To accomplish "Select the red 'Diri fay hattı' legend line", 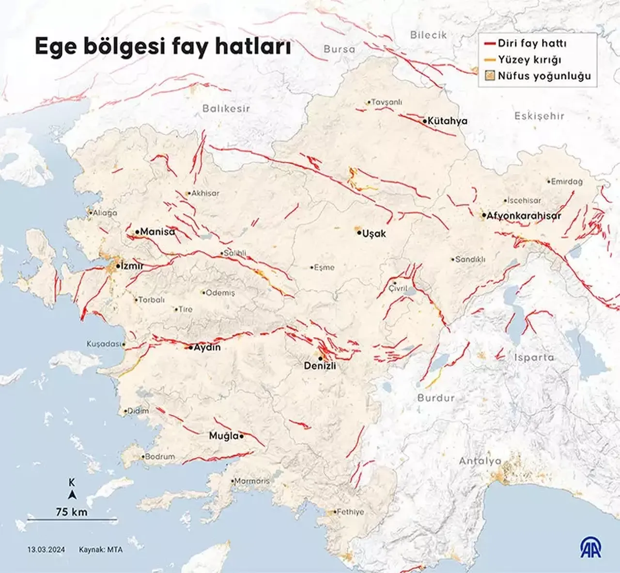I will pyautogui.click(x=490, y=44).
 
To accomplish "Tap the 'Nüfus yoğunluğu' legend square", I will pyautogui.click(x=490, y=76).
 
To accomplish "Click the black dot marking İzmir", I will pyautogui.click(x=118, y=266).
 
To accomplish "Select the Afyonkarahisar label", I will pyautogui.click(x=524, y=216).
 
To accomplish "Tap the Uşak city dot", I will pyautogui.click(x=359, y=233).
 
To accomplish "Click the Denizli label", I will pyautogui.click(x=320, y=366).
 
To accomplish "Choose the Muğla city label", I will pyautogui.click(x=224, y=436).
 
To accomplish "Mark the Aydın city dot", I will pyautogui.click(x=191, y=348).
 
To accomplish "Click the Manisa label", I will pyautogui.click(x=157, y=232).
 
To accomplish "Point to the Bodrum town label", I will pyautogui.click(x=160, y=457).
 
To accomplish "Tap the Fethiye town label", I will pyautogui.click(x=350, y=512).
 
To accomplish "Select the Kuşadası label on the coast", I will pyautogui.click(x=103, y=344).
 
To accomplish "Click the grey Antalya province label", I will pyautogui.click(x=480, y=461).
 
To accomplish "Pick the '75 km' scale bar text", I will pyautogui.click(x=72, y=512).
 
